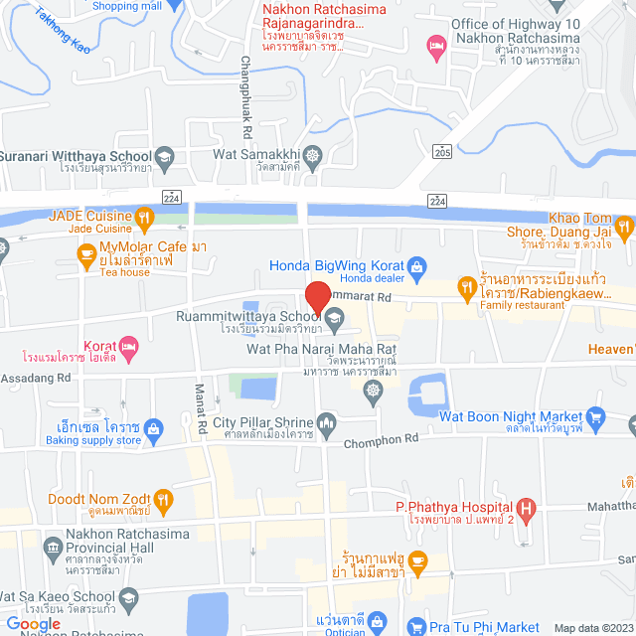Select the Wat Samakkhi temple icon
coord(314,155)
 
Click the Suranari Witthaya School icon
coord(164,155)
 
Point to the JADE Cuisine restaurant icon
coord(144,216)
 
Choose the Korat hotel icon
coord(130,347)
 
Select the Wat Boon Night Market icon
coord(595,416)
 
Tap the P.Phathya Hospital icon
coord(529,510)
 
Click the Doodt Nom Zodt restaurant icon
coord(164,498)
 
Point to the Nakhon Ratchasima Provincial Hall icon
coord(53,546)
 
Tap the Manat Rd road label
coord(200,408)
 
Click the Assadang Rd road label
coord(36,378)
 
